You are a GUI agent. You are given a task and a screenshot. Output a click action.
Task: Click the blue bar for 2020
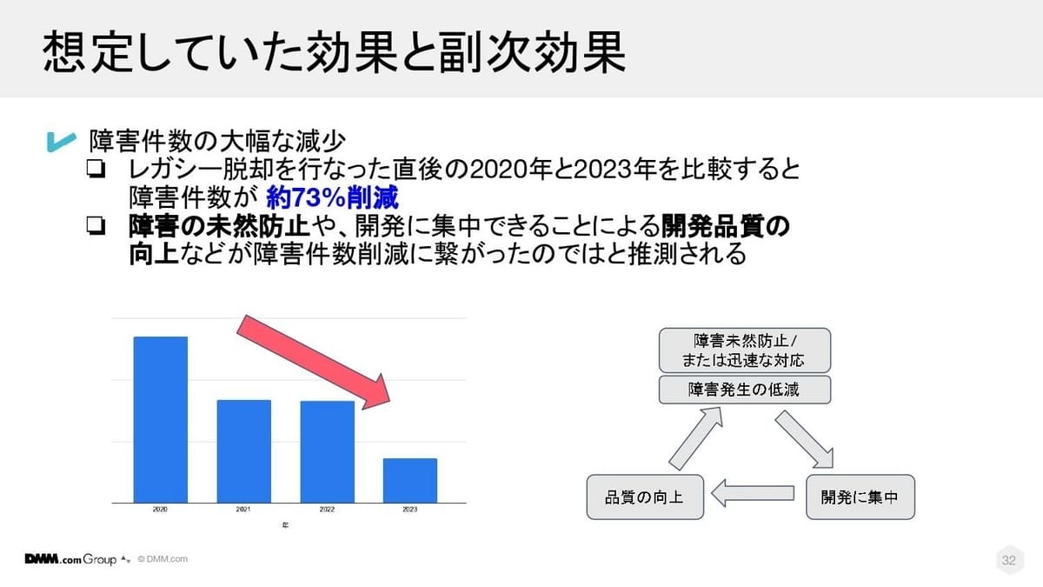point(161,420)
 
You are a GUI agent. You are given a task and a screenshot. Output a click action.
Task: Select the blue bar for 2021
point(244,451)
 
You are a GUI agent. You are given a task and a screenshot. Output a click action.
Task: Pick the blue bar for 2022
point(328,452)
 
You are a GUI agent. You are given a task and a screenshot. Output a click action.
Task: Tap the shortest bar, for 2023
point(410,481)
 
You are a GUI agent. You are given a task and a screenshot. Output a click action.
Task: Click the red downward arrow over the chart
point(314,362)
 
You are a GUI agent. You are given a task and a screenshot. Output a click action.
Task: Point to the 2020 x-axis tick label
point(160,510)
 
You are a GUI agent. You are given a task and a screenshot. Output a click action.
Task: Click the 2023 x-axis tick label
point(410,510)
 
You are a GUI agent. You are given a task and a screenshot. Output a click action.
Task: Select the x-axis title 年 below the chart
point(285,525)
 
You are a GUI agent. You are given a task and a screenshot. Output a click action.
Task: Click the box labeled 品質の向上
point(645,497)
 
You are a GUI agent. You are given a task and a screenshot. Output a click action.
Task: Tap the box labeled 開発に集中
point(860,497)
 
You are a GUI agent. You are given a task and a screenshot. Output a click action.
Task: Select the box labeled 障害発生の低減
point(745,390)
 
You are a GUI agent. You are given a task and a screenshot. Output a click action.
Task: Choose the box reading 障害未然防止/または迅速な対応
point(745,350)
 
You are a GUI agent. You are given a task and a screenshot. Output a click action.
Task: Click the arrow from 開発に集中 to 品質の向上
point(753,493)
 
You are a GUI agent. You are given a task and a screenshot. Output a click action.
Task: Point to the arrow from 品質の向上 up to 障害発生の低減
point(695,438)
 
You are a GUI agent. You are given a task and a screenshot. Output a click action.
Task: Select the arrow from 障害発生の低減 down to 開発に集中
point(804,439)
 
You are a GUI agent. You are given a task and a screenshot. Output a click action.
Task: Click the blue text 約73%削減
point(332,197)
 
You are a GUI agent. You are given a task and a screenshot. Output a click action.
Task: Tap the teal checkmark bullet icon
point(61,142)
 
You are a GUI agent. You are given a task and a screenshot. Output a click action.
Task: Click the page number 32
point(1008,560)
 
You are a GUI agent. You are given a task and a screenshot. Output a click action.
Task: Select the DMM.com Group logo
point(70,559)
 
